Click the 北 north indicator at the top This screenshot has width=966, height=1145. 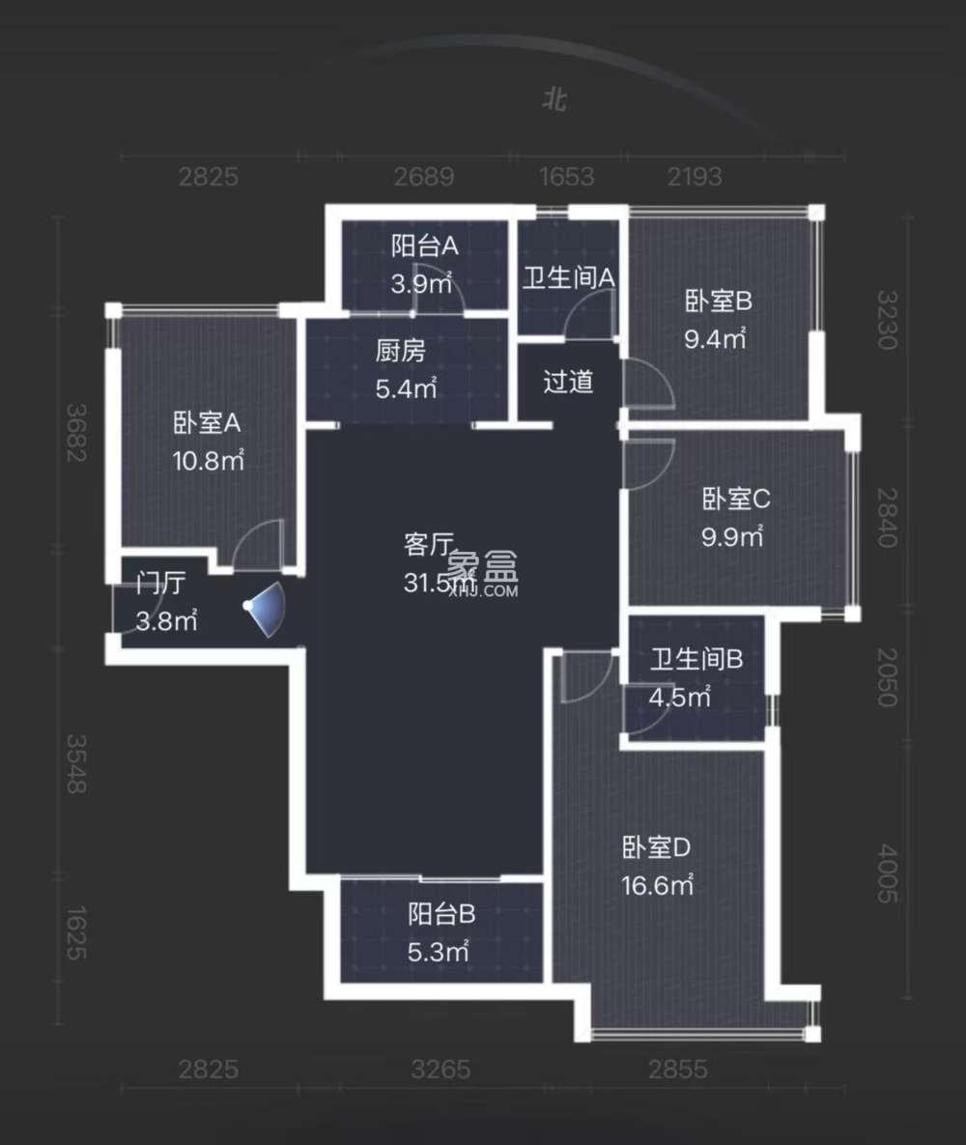pyautogui.click(x=554, y=100)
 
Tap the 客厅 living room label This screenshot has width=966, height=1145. pyautogui.click(x=426, y=545)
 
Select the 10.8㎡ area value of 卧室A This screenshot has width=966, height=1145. pyautogui.click(x=208, y=461)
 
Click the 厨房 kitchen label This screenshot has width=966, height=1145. pyautogui.click(x=400, y=351)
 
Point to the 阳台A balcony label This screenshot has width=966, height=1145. pyautogui.click(x=424, y=246)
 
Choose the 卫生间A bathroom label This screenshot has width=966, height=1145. pyautogui.click(x=569, y=277)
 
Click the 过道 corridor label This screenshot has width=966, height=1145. pyautogui.click(x=568, y=382)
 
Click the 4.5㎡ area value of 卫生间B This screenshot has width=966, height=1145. pyautogui.click(x=681, y=697)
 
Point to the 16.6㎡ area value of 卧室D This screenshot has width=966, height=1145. pyautogui.click(x=658, y=885)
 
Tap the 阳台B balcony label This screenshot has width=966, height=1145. pyautogui.click(x=441, y=913)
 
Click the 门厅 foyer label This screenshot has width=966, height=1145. pyautogui.click(x=160, y=584)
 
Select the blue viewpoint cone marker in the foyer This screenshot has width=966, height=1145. pyautogui.click(x=264, y=611)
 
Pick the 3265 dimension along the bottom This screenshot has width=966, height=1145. pyautogui.click(x=440, y=1070)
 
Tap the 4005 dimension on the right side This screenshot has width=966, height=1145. pyautogui.click(x=887, y=874)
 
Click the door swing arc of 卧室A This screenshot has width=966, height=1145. pyautogui.click(x=259, y=541)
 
